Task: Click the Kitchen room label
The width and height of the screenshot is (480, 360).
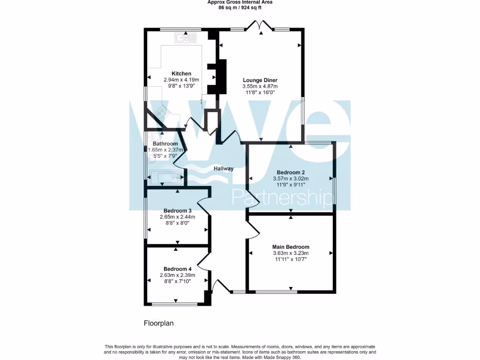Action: (x=181, y=74)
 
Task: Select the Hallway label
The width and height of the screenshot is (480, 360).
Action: (x=224, y=169)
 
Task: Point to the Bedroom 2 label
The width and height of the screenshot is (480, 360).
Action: (x=291, y=172)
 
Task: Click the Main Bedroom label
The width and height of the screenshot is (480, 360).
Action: (x=291, y=247)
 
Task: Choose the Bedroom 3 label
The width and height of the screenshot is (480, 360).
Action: (x=178, y=210)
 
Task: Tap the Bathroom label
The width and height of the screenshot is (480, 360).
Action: (x=165, y=143)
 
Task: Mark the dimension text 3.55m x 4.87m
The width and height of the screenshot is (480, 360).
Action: (x=260, y=86)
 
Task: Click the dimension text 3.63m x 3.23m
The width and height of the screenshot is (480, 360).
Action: (x=291, y=253)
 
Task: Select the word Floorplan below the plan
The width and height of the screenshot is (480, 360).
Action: (x=158, y=323)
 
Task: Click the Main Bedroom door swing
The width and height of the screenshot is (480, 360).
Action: (x=254, y=229)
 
